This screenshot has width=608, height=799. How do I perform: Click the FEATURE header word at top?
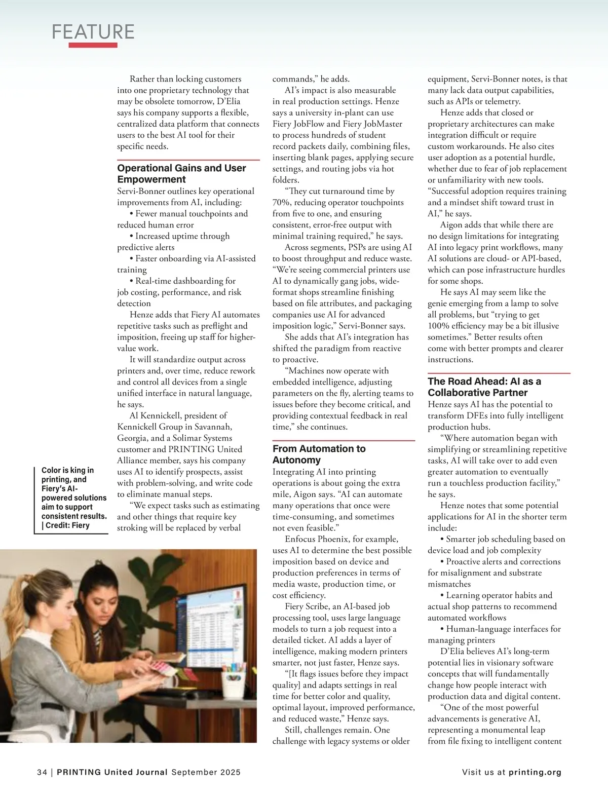tap(93, 31)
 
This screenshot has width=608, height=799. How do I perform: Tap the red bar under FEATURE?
tap(93, 45)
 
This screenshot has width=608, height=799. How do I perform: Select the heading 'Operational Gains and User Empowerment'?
tap(181, 173)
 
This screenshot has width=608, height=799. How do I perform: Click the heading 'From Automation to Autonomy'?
tap(319, 454)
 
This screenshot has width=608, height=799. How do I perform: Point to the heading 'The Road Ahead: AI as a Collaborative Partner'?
tap(484, 387)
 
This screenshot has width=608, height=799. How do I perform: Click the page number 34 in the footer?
tap(42, 772)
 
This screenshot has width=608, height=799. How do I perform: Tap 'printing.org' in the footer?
tap(535, 772)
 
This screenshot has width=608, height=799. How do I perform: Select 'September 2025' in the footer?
tap(206, 772)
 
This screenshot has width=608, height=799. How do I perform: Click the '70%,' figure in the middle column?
tap(281, 202)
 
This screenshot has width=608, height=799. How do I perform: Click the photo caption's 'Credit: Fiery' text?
tap(67, 525)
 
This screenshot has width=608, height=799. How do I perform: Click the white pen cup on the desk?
tap(234, 683)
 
